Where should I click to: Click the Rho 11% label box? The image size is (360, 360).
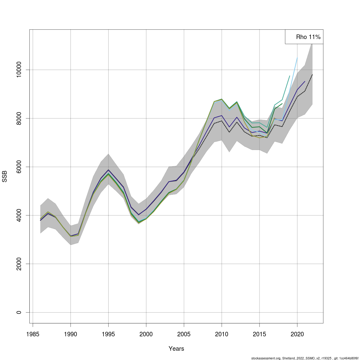[x=304, y=37]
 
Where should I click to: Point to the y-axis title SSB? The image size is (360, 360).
[x=4, y=176]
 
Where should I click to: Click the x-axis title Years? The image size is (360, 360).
[x=176, y=349]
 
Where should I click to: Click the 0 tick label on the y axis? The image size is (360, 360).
[x=19, y=312]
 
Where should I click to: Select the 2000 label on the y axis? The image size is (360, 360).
[x=19, y=264]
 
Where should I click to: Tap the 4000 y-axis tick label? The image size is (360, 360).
[x=19, y=215]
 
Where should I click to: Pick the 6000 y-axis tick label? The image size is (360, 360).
[x=19, y=167]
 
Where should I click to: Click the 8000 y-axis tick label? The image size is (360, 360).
[x=19, y=118]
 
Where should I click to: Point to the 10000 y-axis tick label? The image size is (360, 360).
[x=19, y=70]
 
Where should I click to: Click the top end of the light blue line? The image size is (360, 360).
[x=297, y=58]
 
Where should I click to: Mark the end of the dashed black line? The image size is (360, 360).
[x=312, y=74]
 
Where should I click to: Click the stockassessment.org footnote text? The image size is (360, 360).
[x=304, y=358]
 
